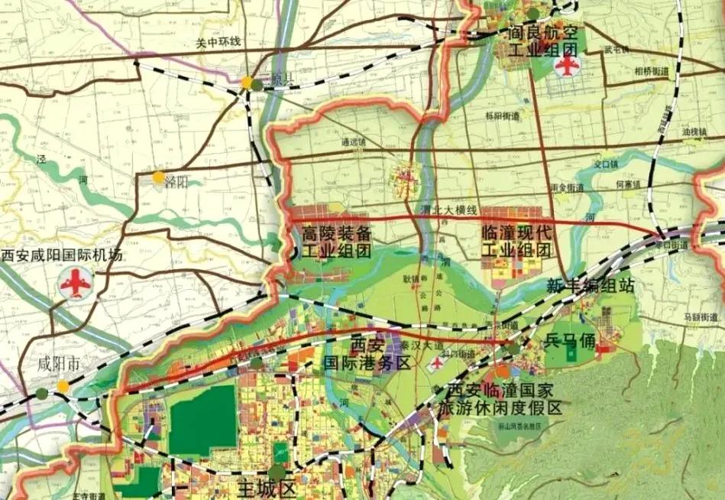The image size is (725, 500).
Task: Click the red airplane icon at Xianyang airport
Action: point(75,286)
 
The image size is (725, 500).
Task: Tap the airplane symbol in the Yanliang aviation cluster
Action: point(566,65)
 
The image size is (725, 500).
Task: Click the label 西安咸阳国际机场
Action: point(62,255)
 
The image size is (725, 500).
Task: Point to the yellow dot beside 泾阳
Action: point(157,178)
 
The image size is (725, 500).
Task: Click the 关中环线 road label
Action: point(218,41)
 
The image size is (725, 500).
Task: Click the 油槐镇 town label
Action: point(695,131)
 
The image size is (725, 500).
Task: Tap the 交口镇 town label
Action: point(606,164)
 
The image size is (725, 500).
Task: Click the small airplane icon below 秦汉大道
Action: point(435,365)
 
